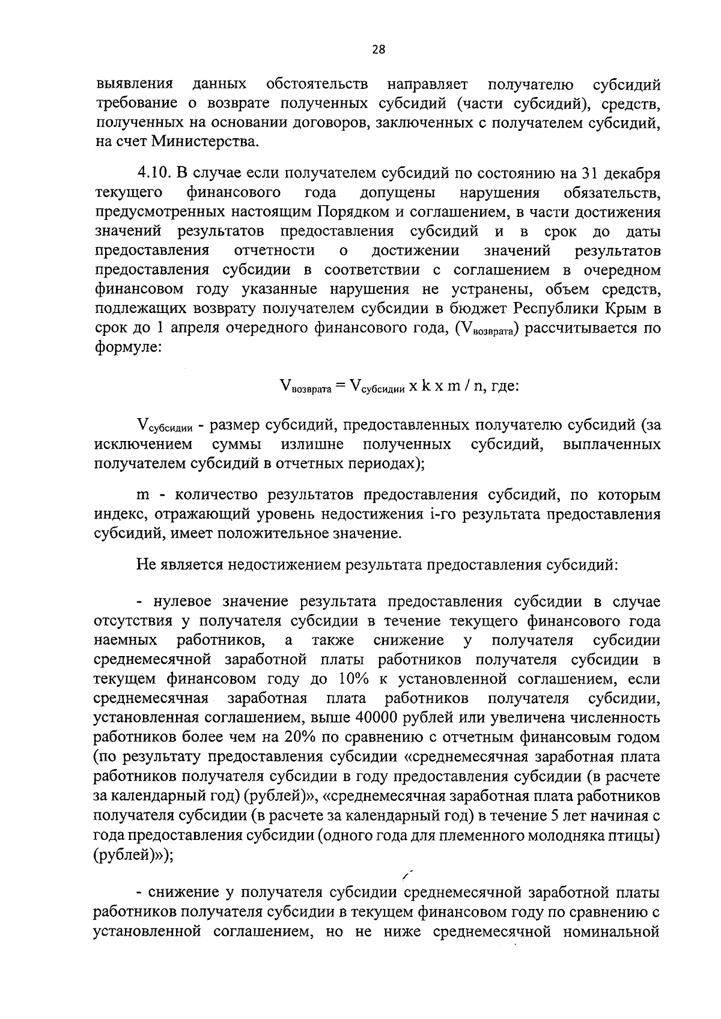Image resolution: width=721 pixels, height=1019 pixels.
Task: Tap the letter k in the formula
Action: [425, 386]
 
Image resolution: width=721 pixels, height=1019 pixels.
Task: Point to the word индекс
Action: [118, 514]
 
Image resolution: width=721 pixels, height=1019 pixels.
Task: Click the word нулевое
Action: [185, 601]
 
